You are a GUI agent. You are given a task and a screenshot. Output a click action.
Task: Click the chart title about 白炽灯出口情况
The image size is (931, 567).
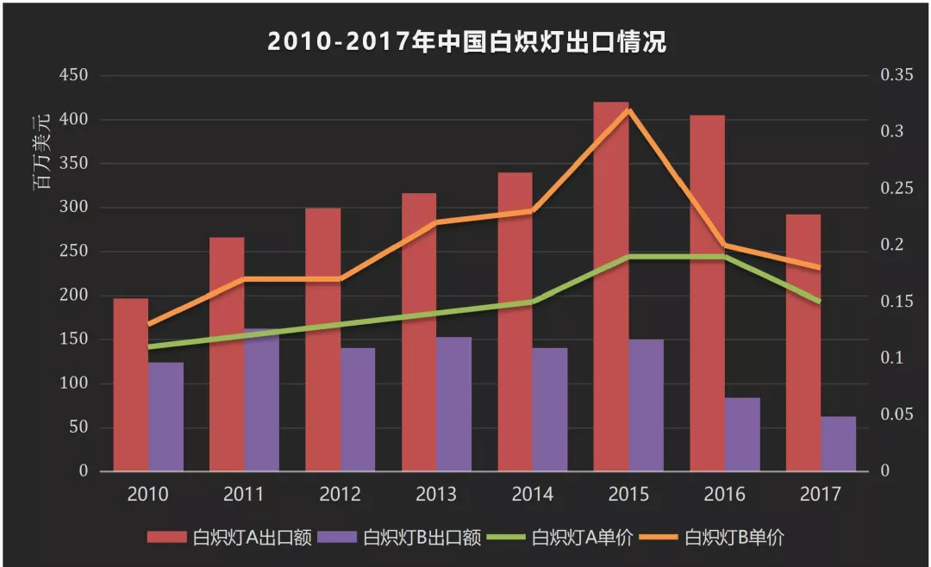[x=466, y=41]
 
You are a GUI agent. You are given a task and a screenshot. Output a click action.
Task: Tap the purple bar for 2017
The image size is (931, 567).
[x=838, y=444]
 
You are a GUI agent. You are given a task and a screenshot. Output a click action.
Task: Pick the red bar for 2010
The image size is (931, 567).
[x=131, y=385]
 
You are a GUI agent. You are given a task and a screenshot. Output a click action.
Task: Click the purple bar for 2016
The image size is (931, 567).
[x=742, y=434]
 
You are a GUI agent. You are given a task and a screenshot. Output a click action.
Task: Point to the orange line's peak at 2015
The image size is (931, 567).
[x=628, y=109]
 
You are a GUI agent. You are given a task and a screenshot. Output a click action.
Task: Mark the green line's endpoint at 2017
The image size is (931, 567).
[x=820, y=302]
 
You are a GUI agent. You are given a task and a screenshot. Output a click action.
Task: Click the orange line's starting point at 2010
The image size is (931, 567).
[x=148, y=325]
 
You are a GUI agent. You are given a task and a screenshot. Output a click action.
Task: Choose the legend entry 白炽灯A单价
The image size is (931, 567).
[x=562, y=538]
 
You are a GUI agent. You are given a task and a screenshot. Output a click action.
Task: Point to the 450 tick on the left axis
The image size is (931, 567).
[x=74, y=76]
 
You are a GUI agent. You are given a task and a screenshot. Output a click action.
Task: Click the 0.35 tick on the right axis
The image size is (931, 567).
[x=896, y=76]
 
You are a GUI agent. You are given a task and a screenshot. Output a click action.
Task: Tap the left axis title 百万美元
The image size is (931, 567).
[x=41, y=153]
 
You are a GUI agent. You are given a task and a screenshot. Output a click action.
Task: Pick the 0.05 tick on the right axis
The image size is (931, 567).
[x=896, y=415]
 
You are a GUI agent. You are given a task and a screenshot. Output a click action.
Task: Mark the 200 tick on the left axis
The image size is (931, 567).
[x=74, y=296]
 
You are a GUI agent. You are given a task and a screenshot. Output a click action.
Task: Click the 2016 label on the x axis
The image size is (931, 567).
[x=725, y=495]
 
